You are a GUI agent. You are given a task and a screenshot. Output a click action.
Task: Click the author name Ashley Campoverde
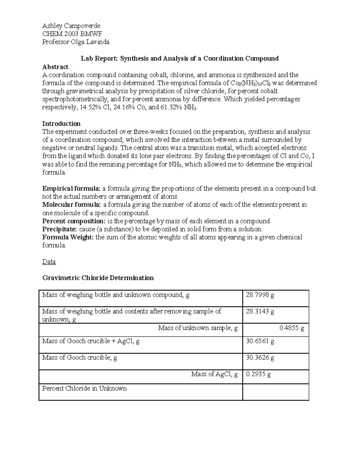coord(71,26)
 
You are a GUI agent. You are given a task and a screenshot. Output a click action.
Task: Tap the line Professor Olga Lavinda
coord(76,42)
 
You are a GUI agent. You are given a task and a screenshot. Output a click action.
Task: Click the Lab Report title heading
coord(179,59)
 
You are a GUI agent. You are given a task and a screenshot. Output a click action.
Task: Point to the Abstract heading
coord(55,67)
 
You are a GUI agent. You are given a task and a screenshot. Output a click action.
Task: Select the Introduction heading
coord(61,124)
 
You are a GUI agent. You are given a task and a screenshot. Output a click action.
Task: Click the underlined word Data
coord(49,262)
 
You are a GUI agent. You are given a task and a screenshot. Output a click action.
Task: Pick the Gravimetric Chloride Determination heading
coord(98,278)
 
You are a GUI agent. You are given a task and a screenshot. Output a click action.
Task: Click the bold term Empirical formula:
coord(71,189)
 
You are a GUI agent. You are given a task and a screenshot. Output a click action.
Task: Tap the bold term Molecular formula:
coord(72,205)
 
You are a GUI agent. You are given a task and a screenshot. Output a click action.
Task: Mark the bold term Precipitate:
coord(59,229)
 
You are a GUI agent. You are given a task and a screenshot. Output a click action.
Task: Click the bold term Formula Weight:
coord(68,237)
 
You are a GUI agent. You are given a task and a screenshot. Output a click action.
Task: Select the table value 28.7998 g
coord(260,295)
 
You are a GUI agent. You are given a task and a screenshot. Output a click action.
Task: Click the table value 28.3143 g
coord(260,311)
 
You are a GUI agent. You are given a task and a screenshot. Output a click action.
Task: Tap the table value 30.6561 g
coord(260,341)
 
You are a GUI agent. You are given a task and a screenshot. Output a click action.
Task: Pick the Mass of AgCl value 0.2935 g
coord(258,374)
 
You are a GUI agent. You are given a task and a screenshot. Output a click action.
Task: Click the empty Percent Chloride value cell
coord(275,392)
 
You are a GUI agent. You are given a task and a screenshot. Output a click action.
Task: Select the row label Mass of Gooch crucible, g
coord(79,358)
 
